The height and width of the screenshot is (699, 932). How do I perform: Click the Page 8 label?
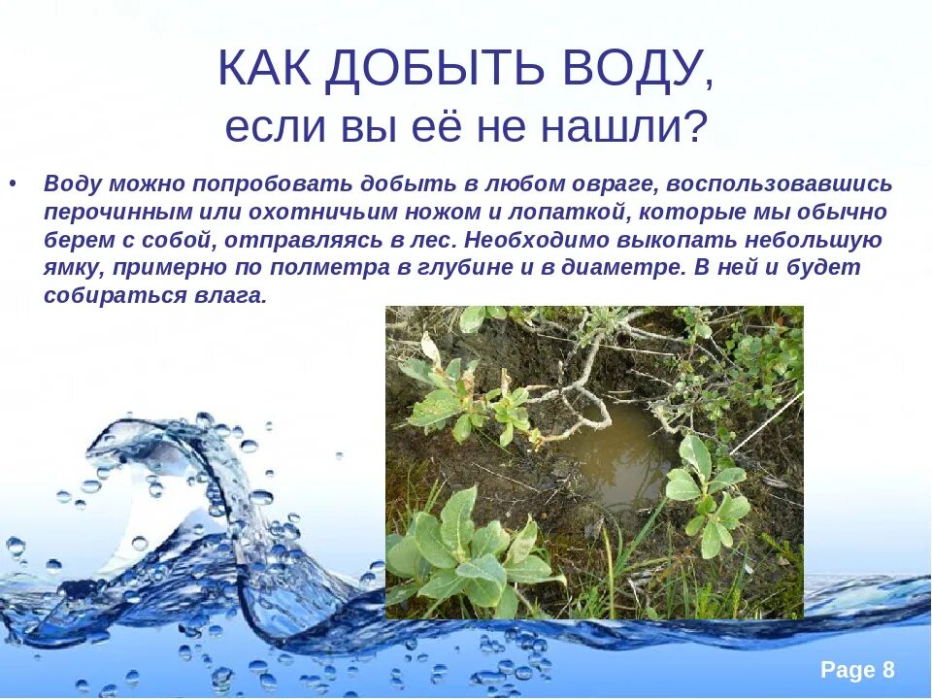(857, 670)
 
